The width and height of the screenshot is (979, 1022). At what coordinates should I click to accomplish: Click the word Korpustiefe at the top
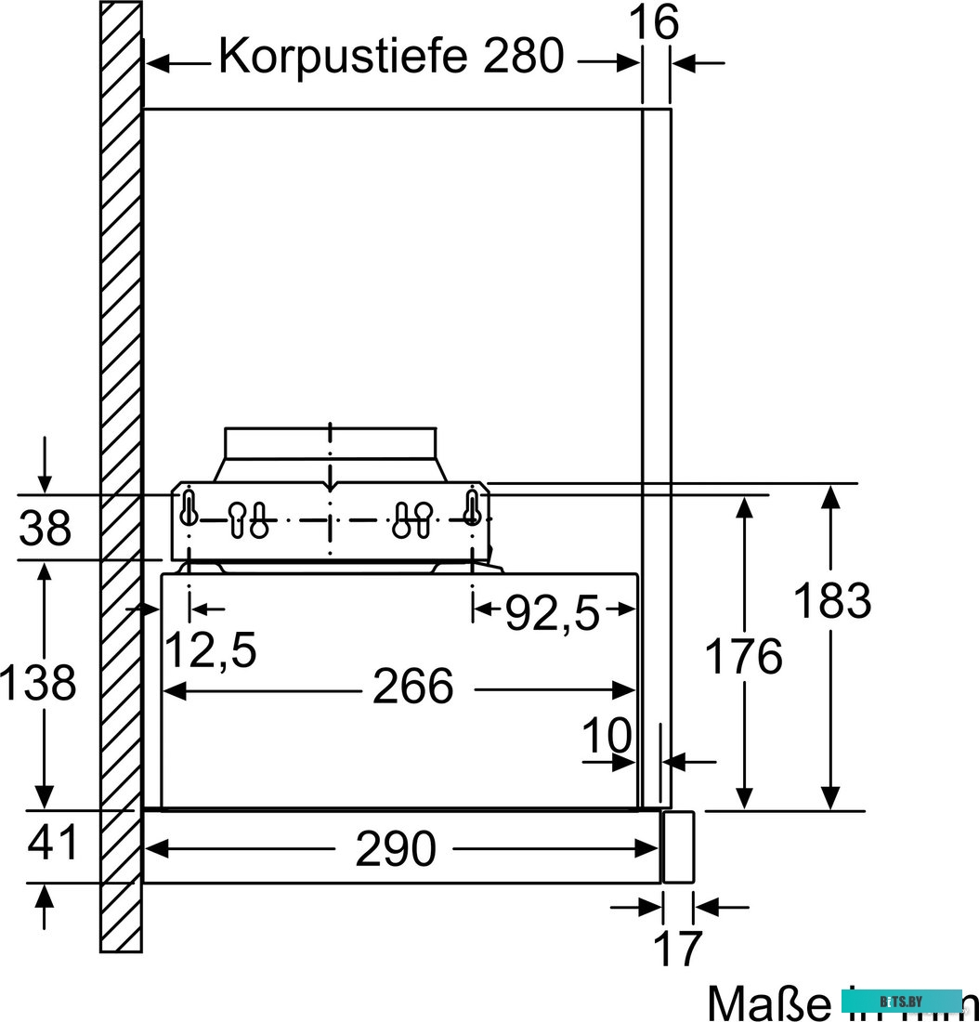click(x=342, y=57)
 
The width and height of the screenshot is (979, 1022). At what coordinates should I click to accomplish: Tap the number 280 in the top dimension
click(x=523, y=57)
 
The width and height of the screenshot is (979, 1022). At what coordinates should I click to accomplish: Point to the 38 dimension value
click(x=46, y=529)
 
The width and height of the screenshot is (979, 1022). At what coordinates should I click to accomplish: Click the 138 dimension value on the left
click(x=37, y=685)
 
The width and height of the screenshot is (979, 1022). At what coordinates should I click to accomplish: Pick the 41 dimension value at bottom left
click(x=52, y=845)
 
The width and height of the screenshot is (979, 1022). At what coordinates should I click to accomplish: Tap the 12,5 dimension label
click(x=210, y=649)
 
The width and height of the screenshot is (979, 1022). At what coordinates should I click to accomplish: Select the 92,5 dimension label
click(x=552, y=613)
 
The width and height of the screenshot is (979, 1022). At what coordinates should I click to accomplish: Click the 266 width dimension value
click(x=412, y=688)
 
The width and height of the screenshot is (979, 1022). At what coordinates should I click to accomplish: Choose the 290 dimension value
click(x=396, y=849)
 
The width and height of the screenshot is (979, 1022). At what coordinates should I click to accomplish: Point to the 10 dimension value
click(x=607, y=736)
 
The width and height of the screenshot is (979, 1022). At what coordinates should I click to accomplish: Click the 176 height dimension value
click(x=743, y=658)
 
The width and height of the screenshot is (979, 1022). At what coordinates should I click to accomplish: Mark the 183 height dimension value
click(x=831, y=602)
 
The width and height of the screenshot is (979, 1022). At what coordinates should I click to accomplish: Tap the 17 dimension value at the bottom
click(x=678, y=949)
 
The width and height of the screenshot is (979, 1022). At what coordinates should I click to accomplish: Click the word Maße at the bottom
click(x=767, y=1002)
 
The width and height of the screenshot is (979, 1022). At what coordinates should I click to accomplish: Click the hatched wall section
click(x=121, y=465)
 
